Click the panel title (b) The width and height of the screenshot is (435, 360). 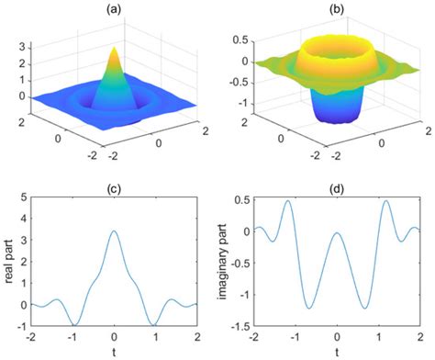(x=335, y=7)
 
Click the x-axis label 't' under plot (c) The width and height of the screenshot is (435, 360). (x=113, y=352)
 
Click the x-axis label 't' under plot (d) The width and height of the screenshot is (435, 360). (x=336, y=352)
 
